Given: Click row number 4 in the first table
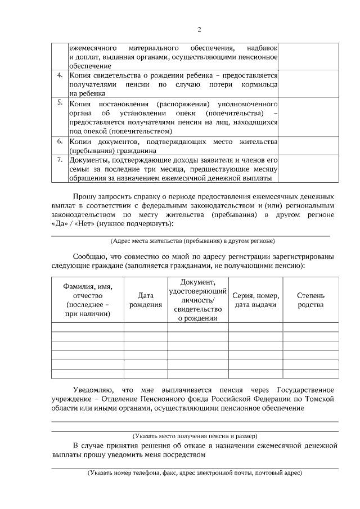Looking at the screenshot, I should (x=60, y=75).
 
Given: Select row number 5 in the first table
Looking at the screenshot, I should (x=60, y=103).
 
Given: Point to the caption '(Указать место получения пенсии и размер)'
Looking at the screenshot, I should (x=195, y=436).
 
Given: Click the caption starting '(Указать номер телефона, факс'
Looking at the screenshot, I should (x=195, y=473).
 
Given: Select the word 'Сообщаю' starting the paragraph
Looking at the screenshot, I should (x=91, y=256).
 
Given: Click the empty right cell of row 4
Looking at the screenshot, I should (x=309, y=83).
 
